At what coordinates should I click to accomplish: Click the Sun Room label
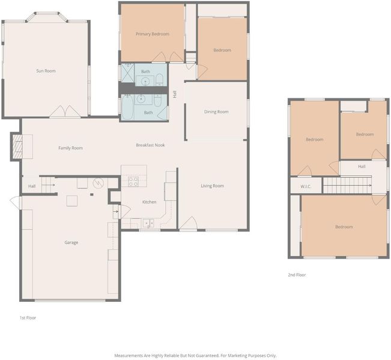46,71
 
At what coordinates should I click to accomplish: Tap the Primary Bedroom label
153,34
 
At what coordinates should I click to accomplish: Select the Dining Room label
216,112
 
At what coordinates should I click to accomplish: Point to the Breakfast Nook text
150,145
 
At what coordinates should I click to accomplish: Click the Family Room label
70,148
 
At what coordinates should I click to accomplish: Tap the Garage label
71,242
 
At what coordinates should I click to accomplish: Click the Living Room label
212,185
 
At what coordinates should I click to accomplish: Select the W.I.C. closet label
306,187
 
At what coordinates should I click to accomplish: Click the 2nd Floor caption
297,275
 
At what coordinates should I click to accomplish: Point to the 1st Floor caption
28,317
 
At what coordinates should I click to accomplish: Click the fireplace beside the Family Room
17,146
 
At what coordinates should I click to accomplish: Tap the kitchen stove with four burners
133,182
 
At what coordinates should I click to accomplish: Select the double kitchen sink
148,223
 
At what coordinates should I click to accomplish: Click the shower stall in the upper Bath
127,72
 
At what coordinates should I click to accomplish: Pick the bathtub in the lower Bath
128,107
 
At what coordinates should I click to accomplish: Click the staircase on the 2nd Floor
348,185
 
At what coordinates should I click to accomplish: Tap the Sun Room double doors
65,112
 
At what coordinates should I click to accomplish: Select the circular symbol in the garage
99,184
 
